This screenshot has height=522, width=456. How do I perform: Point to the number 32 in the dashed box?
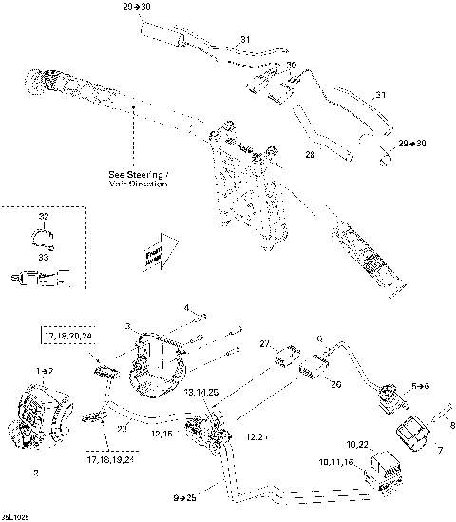[42, 217]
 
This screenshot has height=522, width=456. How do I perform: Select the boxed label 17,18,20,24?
[66, 337]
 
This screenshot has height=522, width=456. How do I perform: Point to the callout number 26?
[334, 386]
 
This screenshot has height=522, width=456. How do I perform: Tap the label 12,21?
[256, 435]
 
